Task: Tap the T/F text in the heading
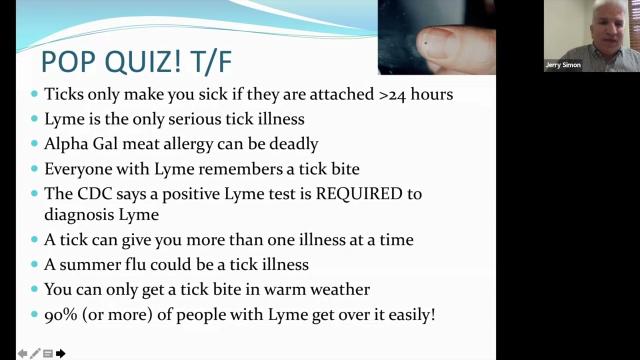coord(210,62)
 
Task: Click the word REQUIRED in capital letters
coord(358,193)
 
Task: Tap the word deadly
coord(293,144)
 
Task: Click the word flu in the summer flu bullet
coord(135,264)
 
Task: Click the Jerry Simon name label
coord(563,65)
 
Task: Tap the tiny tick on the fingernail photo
coord(425,43)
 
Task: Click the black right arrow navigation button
coord(60,353)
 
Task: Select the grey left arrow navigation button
coord(22,353)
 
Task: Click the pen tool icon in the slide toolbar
coord(35,353)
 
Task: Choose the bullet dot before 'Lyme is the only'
coord(34,118)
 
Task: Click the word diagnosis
coord(79,214)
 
